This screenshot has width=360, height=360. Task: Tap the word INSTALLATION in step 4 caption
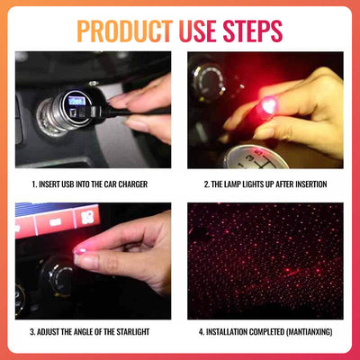(x=231, y=331)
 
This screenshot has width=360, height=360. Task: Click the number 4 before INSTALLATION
(x=202, y=331)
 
